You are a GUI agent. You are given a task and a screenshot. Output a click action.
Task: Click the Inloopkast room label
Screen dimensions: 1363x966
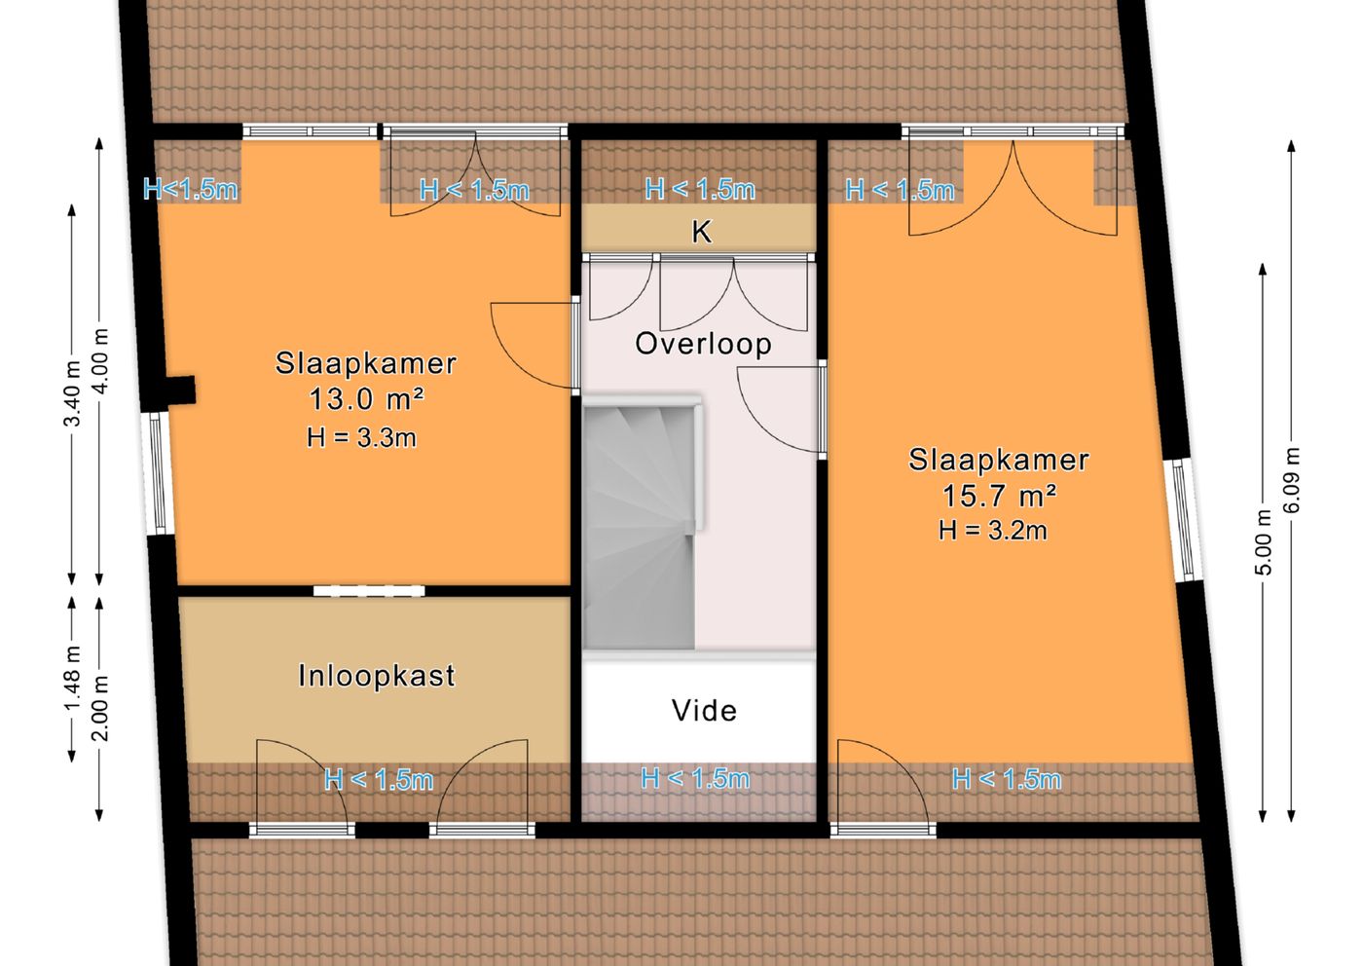(377, 676)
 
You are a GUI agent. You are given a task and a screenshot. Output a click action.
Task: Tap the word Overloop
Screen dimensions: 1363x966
(703, 345)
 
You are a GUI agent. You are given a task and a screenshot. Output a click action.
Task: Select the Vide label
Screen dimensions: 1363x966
(704, 710)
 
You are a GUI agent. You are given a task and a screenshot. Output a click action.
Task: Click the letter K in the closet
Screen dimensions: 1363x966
(702, 232)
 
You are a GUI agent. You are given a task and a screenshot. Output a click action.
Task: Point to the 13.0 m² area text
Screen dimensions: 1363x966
(366, 399)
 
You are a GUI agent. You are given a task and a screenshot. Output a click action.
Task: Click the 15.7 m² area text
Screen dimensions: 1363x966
(999, 496)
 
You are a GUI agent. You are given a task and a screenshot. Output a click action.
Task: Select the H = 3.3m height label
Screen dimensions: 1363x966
(361, 437)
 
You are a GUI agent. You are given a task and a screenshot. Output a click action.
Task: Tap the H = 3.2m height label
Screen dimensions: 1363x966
(993, 530)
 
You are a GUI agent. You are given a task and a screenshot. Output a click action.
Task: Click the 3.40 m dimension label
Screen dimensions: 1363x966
(72, 393)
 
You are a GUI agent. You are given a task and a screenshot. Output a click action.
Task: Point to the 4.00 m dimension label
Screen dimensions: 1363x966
(101, 361)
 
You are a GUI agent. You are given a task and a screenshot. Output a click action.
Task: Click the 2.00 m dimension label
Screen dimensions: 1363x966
(101, 708)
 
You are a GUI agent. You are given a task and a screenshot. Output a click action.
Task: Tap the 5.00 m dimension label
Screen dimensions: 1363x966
(1264, 541)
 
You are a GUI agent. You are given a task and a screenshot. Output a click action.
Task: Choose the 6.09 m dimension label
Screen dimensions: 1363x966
(1291, 480)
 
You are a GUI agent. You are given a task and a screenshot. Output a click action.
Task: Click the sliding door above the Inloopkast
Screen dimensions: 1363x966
(369, 590)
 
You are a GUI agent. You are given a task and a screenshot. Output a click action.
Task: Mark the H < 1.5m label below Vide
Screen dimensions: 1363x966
(695, 778)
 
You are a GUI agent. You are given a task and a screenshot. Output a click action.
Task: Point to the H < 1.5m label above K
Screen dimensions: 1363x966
(700, 189)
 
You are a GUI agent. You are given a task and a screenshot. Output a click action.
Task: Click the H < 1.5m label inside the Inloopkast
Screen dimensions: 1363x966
(379, 780)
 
